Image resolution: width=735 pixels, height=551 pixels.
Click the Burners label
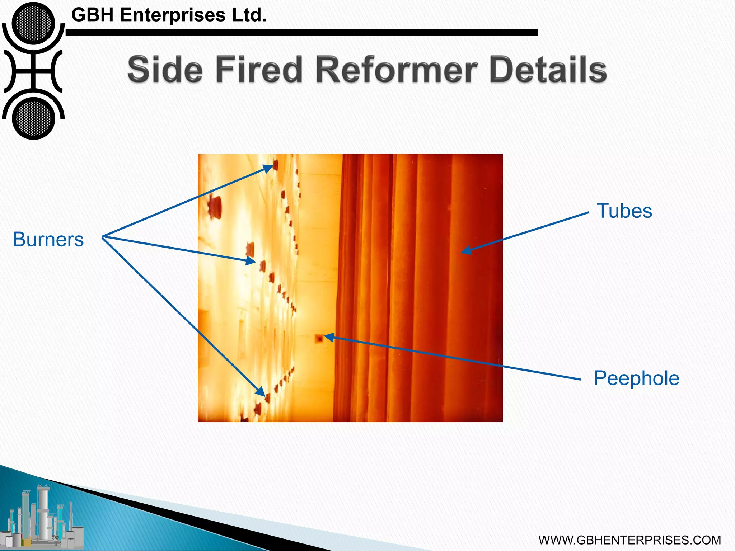coord(48,239)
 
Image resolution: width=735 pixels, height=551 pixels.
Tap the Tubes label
coord(624,211)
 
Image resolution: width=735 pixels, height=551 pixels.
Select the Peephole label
coord(636,378)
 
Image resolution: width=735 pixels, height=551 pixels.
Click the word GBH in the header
coord(93,15)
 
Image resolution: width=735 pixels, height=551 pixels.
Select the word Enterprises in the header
coord(173,15)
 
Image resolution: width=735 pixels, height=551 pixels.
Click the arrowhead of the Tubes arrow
coord(466,250)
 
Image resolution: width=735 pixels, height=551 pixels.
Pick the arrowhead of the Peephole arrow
coord(329,337)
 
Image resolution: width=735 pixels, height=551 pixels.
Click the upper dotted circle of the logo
coord(33,23)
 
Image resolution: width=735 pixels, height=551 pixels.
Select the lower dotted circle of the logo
coord(33,118)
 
